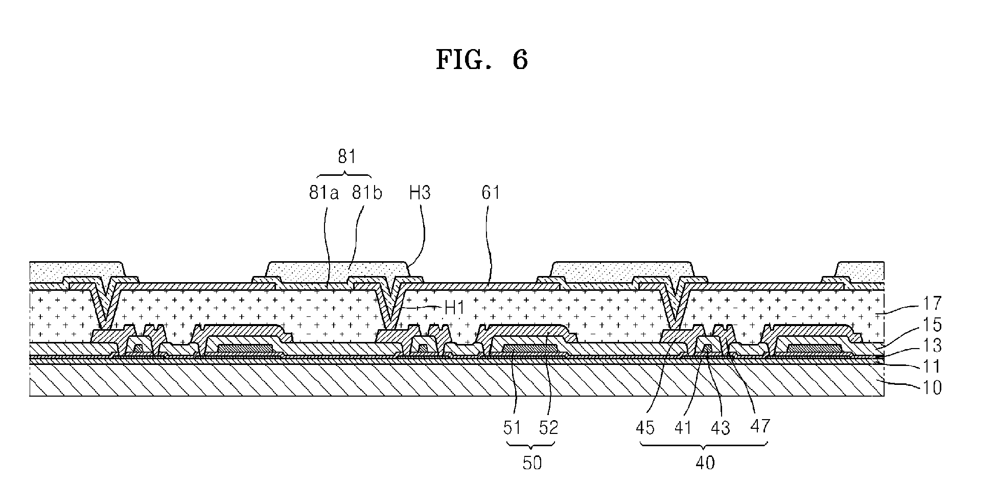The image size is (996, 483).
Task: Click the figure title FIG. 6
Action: [x=481, y=60]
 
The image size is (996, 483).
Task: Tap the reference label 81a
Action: [x=324, y=193]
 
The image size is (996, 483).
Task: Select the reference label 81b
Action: [x=367, y=193]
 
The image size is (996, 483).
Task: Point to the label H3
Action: [x=420, y=193]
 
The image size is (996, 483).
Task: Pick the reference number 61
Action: [x=491, y=193]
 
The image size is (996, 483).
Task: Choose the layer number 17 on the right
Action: [x=932, y=304]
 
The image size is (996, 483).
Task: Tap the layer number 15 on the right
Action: [x=932, y=325]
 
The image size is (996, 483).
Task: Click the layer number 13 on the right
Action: [x=932, y=346]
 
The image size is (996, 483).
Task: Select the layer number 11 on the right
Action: [x=932, y=367]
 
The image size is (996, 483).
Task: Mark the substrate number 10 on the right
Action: [x=932, y=388]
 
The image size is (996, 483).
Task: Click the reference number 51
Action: [x=512, y=427]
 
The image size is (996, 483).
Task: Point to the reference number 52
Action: [x=549, y=427]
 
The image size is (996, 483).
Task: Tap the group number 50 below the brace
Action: [x=532, y=463]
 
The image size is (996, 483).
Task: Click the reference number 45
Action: [x=645, y=427]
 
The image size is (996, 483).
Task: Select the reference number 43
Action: [x=721, y=427]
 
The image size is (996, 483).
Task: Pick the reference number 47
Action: [x=760, y=425]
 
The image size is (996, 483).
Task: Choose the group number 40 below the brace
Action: [x=705, y=463]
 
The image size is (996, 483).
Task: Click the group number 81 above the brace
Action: [x=346, y=157]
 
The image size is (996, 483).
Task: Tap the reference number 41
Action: [x=683, y=427]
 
